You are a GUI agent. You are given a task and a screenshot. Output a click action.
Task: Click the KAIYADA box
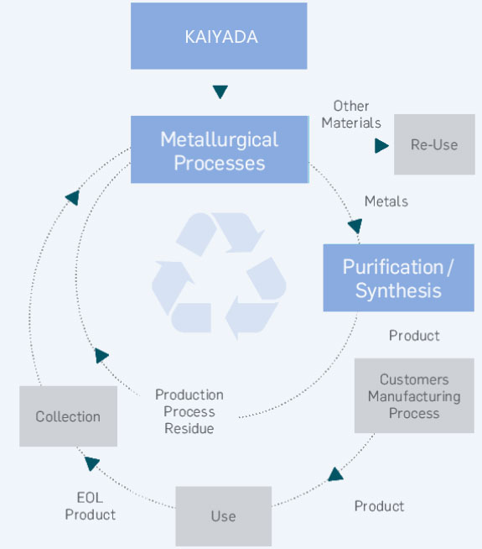(x=219, y=36)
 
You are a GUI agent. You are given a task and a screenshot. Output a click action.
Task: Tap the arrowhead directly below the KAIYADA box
(x=220, y=91)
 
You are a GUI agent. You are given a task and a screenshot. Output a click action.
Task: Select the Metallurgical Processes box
(x=220, y=149)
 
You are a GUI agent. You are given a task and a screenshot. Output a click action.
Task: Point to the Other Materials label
(x=351, y=114)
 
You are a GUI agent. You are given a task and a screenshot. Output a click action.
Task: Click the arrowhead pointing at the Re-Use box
(x=381, y=146)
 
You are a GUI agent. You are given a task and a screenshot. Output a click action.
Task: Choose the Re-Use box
(x=434, y=144)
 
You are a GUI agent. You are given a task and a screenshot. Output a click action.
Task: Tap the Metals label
(x=386, y=201)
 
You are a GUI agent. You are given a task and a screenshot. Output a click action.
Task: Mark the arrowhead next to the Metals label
(x=355, y=226)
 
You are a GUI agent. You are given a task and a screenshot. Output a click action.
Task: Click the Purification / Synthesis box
(x=398, y=278)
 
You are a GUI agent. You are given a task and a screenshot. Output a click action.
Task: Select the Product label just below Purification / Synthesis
(x=414, y=336)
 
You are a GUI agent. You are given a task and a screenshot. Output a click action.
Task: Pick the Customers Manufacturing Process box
(x=414, y=395)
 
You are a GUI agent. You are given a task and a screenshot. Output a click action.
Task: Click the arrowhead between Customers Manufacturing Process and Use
(x=335, y=474)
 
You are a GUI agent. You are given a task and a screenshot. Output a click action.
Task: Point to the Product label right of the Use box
(x=379, y=506)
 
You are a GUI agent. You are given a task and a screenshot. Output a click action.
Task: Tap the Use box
(x=223, y=516)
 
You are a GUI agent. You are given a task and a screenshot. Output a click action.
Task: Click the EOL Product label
(x=91, y=506)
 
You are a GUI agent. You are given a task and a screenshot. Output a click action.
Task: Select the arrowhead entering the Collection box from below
(x=92, y=463)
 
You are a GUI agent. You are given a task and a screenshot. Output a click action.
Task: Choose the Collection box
(x=68, y=416)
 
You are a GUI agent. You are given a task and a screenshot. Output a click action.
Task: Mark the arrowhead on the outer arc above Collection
(x=73, y=198)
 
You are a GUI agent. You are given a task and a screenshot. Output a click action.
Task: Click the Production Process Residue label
(x=189, y=411)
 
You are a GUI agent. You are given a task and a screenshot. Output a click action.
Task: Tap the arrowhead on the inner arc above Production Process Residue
(x=101, y=355)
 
